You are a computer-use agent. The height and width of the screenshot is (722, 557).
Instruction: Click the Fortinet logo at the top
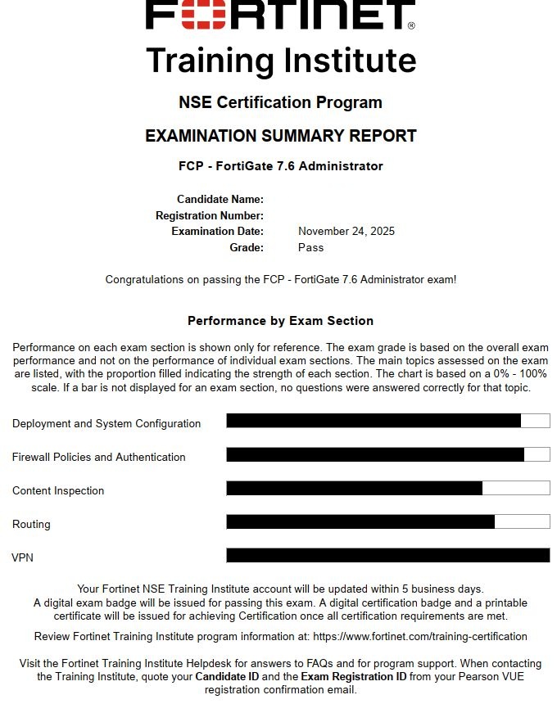(280, 15)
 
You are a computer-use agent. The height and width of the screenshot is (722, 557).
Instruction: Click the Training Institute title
(280, 61)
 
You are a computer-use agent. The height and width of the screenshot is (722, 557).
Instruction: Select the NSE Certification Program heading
(280, 102)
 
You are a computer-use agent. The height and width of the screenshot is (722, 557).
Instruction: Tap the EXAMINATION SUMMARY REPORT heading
(280, 136)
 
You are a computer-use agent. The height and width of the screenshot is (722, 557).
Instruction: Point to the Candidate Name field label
(220, 199)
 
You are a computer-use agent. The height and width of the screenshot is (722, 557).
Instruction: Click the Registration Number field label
(209, 215)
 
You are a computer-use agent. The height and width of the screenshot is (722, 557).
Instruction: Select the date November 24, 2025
(346, 231)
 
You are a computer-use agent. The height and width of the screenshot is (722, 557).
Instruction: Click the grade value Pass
(310, 247)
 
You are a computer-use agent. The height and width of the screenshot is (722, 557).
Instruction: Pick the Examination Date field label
(217, 231)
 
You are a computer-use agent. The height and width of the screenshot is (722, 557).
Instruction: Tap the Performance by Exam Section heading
(280, 321)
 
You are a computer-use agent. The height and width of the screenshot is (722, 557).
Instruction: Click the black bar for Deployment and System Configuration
(374, 421)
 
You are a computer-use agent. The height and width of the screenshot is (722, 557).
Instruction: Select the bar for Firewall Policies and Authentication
(375, 454)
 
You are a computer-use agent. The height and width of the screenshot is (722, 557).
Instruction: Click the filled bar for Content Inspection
(354, 488)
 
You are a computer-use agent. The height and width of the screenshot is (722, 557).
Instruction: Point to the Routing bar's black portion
(360, 521)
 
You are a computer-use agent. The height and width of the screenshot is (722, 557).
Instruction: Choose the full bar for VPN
(387, 555)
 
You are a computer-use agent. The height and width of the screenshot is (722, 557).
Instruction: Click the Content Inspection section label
(58, 490)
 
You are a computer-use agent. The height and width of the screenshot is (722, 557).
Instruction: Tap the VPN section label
(23, 557)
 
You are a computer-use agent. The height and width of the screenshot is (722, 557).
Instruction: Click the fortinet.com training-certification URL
(419, 636)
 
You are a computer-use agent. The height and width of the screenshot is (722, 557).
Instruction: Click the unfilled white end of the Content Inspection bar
(515, 488)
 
